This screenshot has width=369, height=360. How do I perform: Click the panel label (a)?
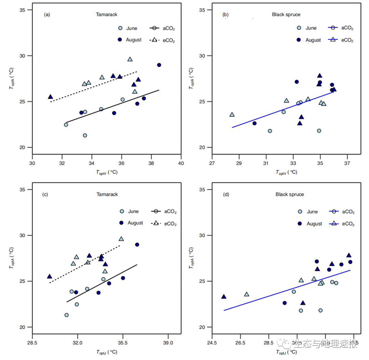click(47, 15)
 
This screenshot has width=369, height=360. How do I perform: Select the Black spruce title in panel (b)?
click(286, 15)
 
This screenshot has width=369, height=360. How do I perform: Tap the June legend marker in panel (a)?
click(120, 28)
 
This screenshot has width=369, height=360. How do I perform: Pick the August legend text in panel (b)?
click(313, 40)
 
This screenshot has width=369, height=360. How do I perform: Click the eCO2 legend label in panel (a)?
click(168, 41)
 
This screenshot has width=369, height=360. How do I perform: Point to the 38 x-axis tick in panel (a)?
click(151, 163)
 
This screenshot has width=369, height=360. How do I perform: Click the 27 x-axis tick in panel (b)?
click(212, 163)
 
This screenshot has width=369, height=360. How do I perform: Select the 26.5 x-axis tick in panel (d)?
click(240, 343)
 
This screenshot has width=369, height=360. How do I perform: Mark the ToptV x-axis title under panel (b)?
click(286, 172)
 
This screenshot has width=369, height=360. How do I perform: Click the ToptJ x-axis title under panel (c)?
click(106, 352)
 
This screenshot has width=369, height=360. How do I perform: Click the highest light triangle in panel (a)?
click(130, 59)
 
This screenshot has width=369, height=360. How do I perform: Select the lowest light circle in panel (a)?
click(85, 135)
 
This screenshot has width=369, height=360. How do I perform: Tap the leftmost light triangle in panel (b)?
click(232, 114)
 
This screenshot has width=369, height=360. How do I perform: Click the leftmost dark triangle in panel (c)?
click(50, 276)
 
